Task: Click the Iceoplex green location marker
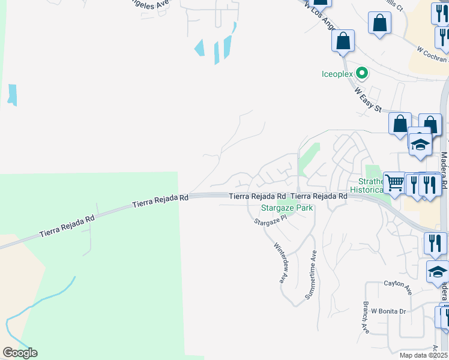click(362, 74)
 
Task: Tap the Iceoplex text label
click(337, 74)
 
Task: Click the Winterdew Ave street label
click(279, 262)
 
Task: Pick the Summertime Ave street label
click(312, 275)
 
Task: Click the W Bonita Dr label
click(389, 311)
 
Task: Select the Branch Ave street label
click(365, 317)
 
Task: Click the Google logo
click(20, 353)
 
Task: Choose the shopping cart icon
click(394, 182)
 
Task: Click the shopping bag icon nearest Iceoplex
click(343, 41)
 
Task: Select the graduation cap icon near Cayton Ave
click(438, 271)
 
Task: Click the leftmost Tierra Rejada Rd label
click(67, 225)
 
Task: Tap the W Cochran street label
click(433, 54)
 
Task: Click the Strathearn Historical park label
click(366, 185)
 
